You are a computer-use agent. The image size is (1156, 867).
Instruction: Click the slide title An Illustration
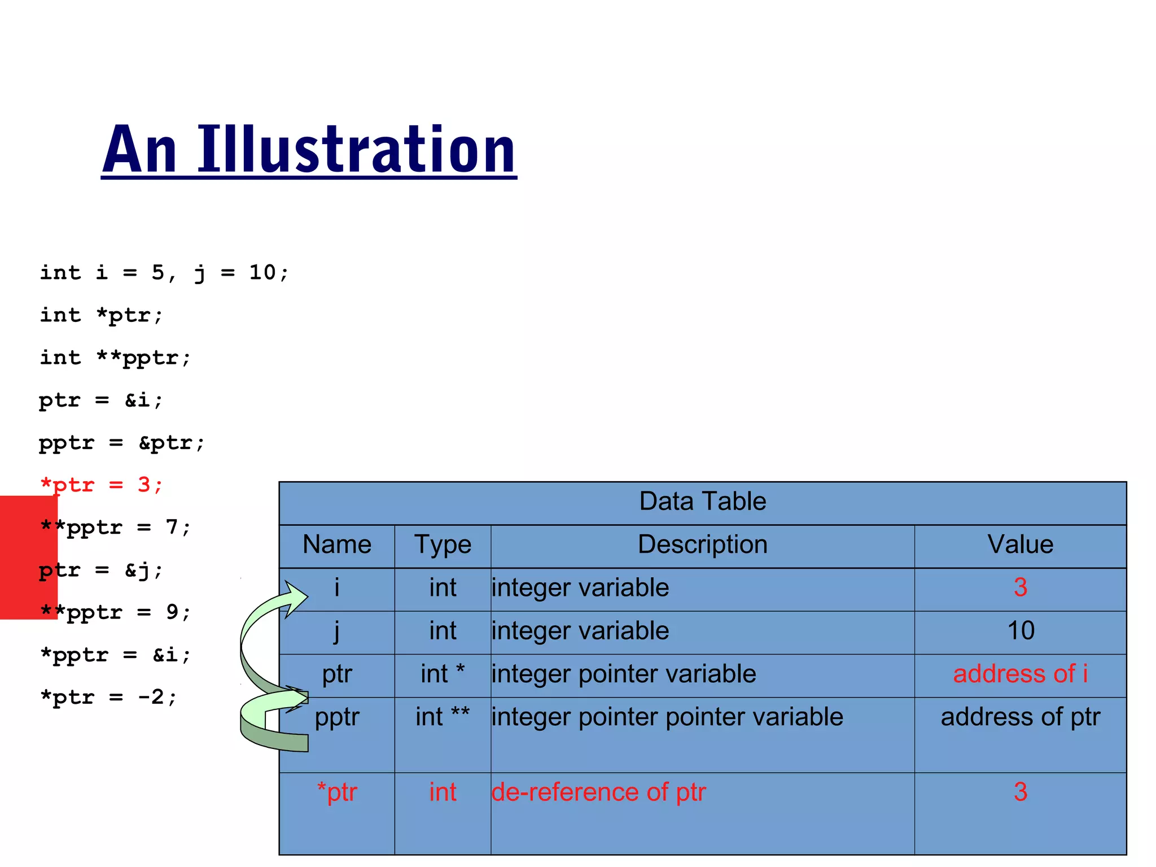(309, 150)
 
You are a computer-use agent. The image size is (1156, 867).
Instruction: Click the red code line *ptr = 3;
(102, 485)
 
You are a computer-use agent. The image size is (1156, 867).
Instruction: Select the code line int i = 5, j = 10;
(164, 273)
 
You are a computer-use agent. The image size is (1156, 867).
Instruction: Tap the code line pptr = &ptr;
(121, 443)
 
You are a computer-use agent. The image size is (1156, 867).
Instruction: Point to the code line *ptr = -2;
(108, 698)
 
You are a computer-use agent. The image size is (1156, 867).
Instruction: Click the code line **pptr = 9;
(116, 613)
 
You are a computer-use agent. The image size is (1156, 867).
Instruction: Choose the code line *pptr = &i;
(116, 655)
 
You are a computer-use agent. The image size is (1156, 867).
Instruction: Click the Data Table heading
(702, 502)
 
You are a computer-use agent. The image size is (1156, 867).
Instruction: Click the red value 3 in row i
(1020, 588)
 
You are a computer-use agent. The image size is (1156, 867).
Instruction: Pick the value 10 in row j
(1020, 631)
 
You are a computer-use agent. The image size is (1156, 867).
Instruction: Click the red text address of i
(1020, 674)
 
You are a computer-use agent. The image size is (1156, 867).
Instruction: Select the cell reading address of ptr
(1020, 717)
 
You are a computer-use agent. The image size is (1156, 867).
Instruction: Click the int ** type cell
(443, 717)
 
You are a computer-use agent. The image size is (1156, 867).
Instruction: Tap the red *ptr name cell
(337, 792)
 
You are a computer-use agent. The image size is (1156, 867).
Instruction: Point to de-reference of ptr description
(598, 792)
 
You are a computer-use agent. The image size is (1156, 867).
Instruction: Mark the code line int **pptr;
(116, 358)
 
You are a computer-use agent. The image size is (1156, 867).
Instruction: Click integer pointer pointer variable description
(667, 717)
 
